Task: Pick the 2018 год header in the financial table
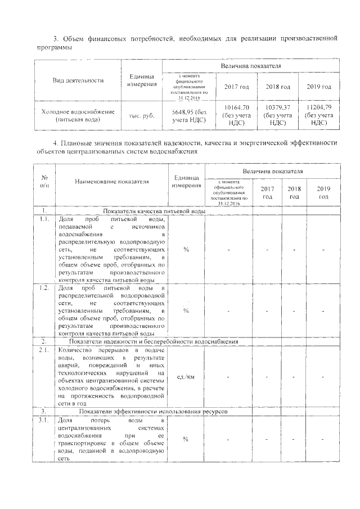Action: pos(277,87)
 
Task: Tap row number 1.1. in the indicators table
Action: pos(43,219)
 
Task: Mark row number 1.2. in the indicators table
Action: pos(43,288)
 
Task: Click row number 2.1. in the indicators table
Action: pos(43,350)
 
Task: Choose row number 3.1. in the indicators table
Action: pos(43,420)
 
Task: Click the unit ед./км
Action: pos(186,377)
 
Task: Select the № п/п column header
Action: pos(43,181)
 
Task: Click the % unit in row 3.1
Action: pos(186,439)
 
